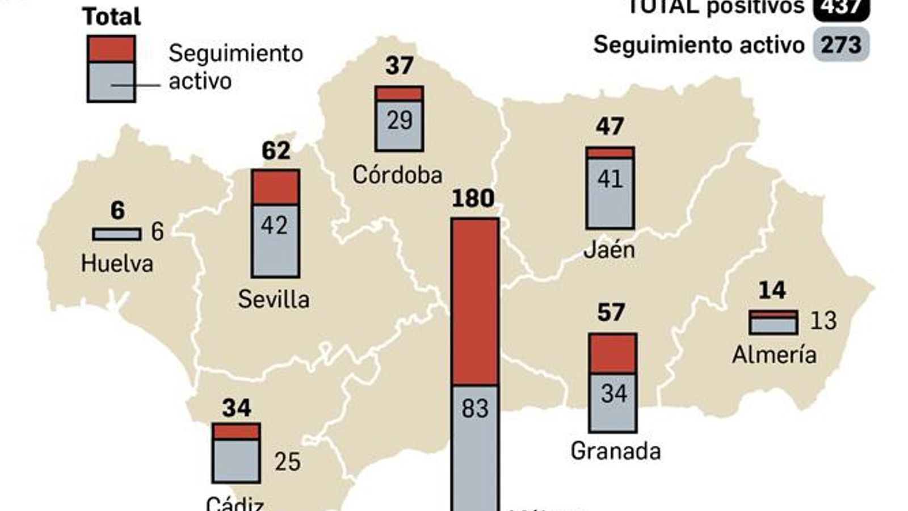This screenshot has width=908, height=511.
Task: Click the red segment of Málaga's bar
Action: pyautogui.click(x=475, y=302)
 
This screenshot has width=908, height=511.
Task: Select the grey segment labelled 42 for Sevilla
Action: pyautogui.click(x=275, y=240)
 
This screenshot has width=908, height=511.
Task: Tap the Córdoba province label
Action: pyautogui.click(x=397, y=174)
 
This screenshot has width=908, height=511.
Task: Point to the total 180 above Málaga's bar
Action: pyautogui.click(x=473, y=199)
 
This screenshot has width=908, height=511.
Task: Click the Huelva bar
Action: pyautogui.click(x=117, y=234)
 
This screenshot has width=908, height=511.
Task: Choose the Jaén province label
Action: pyautogui.click(x=609, y=250)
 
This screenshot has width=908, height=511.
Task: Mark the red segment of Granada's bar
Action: pyautogui.click(x=612, y=354)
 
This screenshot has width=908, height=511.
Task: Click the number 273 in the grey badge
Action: pyautogui.click(x=840, y=44)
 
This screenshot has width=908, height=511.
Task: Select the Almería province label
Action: pyautogui.click(x=774, y=355)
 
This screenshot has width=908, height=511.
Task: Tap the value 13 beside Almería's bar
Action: pyautogui.click(x=823, y=321)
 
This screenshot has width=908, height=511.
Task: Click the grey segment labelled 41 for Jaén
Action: pyautogui.click(x=610, y=192)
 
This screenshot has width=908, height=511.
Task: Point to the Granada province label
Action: pyautogui.click(x=616, y=451)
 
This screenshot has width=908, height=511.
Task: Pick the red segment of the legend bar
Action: pyautogui.click(x=111, y=49)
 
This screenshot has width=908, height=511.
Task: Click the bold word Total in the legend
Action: pyautogui.click(x=112, y=16)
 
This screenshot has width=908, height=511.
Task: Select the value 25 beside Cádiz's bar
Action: pyautogui.click(x=287, y=462)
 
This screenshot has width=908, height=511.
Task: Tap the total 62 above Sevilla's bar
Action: pyautogui.click(x=276, y=150)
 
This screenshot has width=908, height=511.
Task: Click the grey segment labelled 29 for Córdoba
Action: pyautogui.click(x=400, y=125)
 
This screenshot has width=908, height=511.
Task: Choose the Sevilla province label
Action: pyautogui.click(x=274, y=299)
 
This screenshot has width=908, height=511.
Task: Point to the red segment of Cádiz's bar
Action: pyautogui.click(x=236, y=432)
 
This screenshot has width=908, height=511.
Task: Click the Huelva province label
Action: pyautogui.click(x=117, y=263)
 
